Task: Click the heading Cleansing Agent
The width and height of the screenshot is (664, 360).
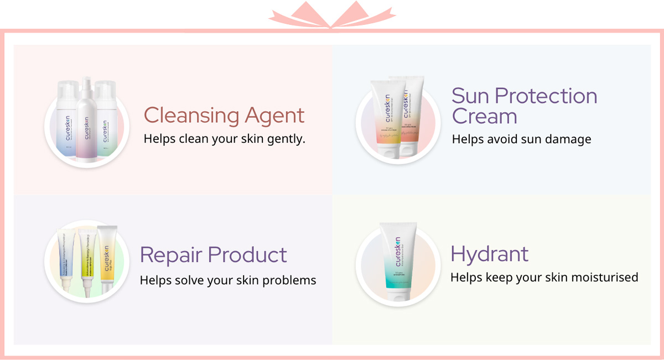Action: pyautogui.click(x=224, y=116)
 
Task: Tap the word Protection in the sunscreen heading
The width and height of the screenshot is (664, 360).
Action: pyautogui.click(x=546, y=96)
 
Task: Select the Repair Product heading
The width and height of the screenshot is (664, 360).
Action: pyautogui.click(x=213, y=255)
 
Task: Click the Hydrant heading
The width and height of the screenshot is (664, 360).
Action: pyautogui.click(x=489, y=254)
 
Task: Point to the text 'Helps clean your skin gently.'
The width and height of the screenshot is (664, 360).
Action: pyautogui.click(x=224, y=138)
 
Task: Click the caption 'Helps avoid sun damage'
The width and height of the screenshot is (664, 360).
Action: pyautogui.click(x=521, y=139)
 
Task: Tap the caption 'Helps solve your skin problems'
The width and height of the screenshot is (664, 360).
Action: pyautogui.click(x=227, y=280)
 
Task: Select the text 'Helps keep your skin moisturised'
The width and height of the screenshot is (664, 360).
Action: pyautogui.click(x=544, y=276)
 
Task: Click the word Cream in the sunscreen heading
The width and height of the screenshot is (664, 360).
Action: pyautogui.click(x=484, y=117)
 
